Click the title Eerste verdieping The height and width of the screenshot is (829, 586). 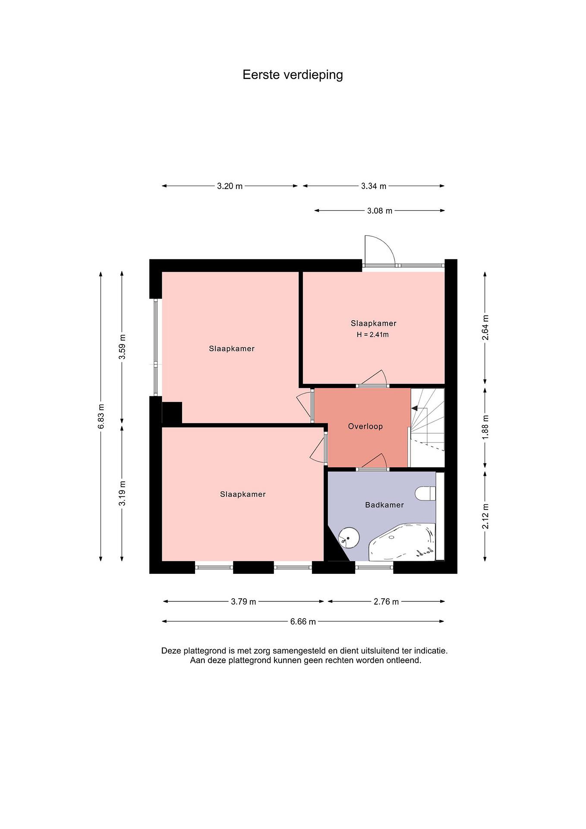tap(293, 75)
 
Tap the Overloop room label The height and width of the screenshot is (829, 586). tap(365, 426)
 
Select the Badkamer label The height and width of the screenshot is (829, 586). tap(384, 505)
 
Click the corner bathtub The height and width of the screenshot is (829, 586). tap(402, 543)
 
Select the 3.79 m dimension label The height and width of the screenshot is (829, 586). tap(244, 602)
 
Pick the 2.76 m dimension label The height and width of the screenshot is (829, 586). tap(386, 602)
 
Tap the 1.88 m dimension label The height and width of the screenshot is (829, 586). tap(486, 427)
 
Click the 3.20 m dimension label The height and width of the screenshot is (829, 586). tap(230, 186)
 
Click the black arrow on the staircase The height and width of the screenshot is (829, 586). tap(414, 408)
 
